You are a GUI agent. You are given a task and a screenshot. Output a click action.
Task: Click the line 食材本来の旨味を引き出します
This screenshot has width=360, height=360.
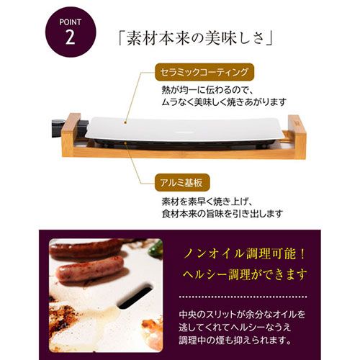click(x=222, y=213)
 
